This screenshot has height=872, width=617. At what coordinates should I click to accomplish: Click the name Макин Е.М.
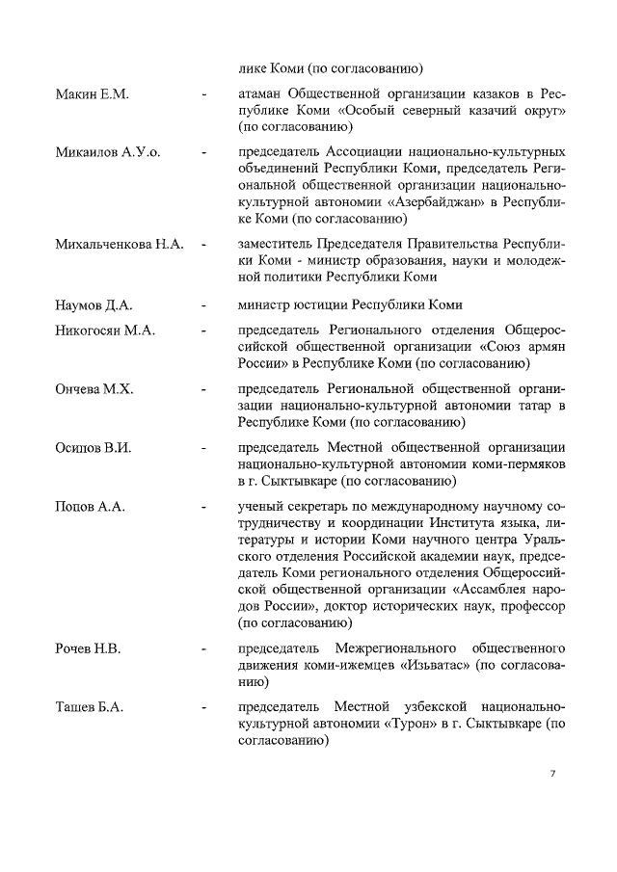(x=92, y=94)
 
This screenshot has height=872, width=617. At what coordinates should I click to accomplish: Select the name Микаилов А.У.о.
(x=108, y=152)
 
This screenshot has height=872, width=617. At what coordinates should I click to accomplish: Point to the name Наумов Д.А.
(x=94, y=305)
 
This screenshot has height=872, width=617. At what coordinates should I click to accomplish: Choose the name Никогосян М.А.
(x=105, y=330)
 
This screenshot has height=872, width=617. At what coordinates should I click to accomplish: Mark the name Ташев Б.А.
(x=90, y=707)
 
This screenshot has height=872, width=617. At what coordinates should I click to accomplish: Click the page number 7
(x=553, y=774)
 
